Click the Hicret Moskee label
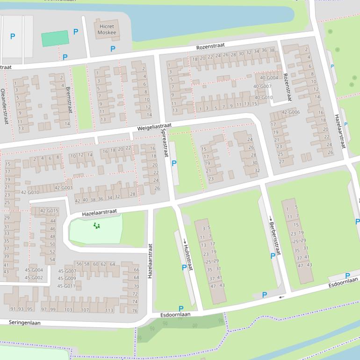[x=107, y=29]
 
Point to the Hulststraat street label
[x=188, y=257]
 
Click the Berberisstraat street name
[x=275, y=236]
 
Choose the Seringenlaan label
[x=24, y=323]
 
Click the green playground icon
[x=97, y=226]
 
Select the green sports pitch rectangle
[x=55, y=39]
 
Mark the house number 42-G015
[x=49, y=211]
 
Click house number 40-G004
[x=269, y=78]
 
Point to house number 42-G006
[x=291, y=112]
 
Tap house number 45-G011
[x=67, y=286]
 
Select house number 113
[x=109, y=310]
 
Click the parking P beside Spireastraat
[x=174, y=164]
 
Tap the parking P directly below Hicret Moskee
[x=113, y=49]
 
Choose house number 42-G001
[x=63, y=188]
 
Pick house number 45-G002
[x=34, y=278]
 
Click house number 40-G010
[x=263, y=98]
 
